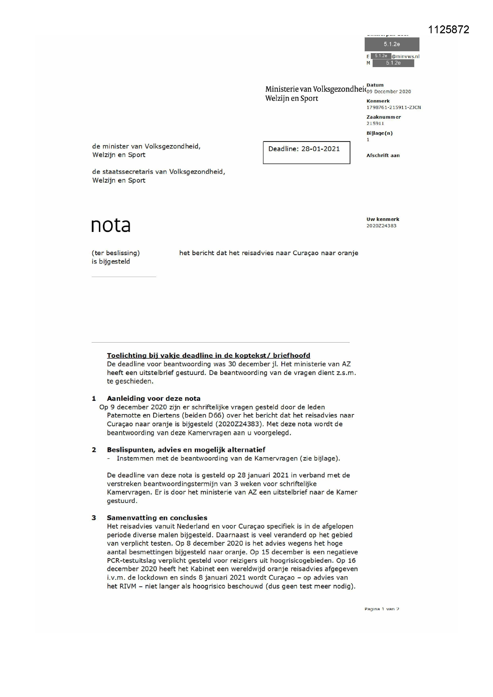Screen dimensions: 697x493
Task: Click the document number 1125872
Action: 448,30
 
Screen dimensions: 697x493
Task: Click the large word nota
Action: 111,225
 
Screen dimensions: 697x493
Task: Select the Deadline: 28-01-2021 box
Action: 306,152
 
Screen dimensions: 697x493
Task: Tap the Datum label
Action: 375,85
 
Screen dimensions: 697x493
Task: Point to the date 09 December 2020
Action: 389,92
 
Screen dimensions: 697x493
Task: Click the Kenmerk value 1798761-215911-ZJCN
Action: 393,107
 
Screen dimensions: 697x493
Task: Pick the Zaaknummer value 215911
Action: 375,123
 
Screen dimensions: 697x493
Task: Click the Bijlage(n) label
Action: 379,133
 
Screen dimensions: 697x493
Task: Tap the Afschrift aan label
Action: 383,155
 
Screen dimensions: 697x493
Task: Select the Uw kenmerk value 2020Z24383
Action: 381,226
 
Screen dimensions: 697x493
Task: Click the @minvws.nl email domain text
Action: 406,56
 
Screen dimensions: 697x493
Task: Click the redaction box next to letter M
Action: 393,63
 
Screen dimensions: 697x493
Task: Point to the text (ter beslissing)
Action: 116,253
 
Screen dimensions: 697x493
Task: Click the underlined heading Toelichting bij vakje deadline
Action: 208,355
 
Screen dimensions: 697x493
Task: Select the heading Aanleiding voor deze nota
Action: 154,399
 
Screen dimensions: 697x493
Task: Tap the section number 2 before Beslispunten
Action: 94,450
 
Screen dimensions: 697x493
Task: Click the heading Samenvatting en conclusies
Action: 157,518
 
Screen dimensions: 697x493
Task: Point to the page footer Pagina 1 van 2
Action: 382,609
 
